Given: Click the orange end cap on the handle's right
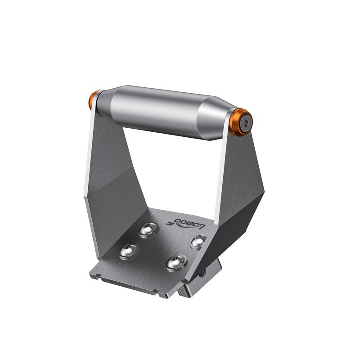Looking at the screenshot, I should (245, 121).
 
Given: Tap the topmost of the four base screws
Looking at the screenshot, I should (148, 230).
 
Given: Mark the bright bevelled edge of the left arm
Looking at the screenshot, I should (88, 171).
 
